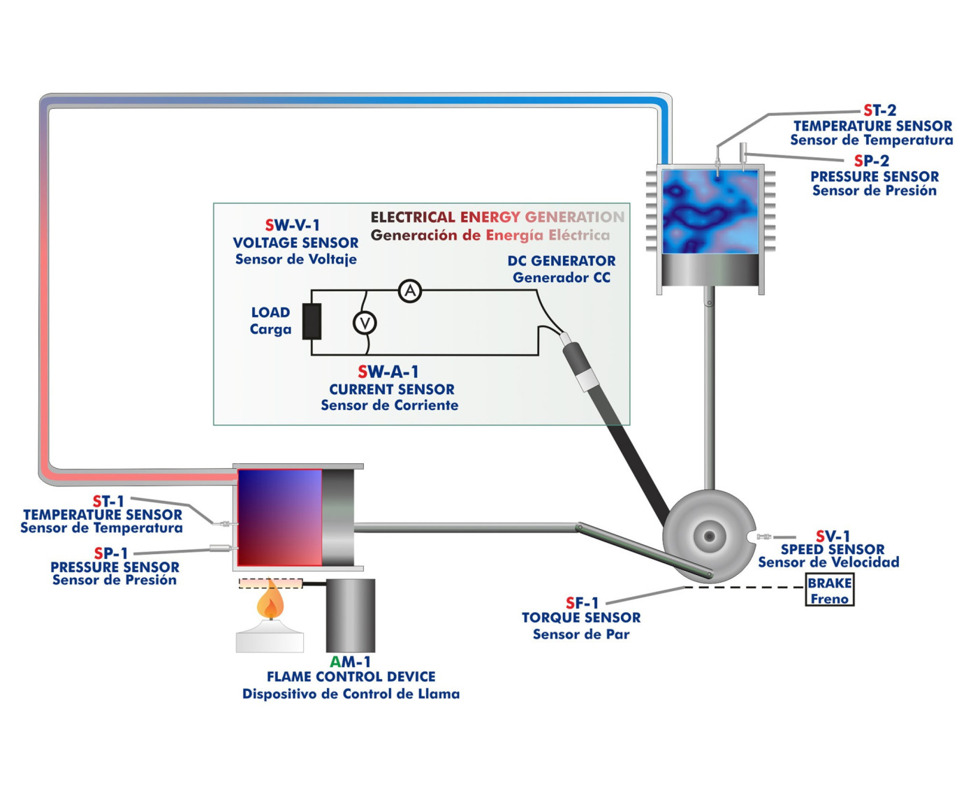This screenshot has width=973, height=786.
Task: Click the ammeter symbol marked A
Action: coord(410,291)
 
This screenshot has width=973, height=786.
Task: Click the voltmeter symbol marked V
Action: coord(365,323)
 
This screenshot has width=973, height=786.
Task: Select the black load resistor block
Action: coord(312,321)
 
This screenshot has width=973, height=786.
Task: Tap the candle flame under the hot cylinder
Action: coord(270,602)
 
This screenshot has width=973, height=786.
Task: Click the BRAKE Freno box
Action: coord(829,590)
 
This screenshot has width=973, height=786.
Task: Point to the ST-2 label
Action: coord(879,110)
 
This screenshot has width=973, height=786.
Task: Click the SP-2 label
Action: coord(871,161)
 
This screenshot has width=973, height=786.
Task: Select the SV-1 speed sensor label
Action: coord(833,537)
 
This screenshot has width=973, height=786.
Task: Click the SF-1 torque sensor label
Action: coord(582,602)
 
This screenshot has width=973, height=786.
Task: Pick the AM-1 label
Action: coord(350,662)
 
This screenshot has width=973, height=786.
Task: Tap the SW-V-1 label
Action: coord(292,225)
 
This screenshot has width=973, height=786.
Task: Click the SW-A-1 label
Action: coord(388,372)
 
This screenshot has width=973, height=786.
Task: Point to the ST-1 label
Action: coord(108,501)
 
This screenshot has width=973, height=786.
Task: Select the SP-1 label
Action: coord(111,553)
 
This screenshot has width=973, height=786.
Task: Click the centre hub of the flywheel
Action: coord(709,537)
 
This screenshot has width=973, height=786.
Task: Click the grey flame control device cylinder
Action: coord(351,616)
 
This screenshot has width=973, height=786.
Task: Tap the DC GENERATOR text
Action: coord(561,261)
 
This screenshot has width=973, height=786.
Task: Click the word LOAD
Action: coord(270,312)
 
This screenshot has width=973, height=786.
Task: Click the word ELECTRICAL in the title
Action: coord(413,217)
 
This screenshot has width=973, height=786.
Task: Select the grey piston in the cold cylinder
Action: coord(710,270)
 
